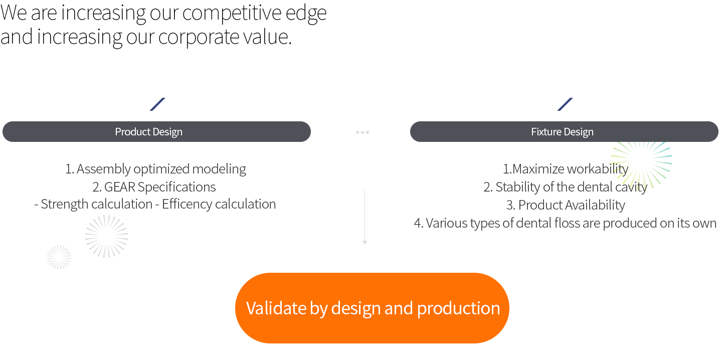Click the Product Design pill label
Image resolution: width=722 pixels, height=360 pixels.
148,132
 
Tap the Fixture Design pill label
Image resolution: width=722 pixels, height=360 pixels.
562,132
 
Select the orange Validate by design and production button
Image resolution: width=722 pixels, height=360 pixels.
372,308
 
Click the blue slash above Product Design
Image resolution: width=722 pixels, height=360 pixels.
157,104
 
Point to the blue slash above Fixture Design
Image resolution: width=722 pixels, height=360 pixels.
565,104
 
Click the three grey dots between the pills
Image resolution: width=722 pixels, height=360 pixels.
363,132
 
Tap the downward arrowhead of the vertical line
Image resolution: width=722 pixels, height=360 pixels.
365,242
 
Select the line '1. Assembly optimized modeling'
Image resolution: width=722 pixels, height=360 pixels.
155,169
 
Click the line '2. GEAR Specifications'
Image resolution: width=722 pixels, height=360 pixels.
154,187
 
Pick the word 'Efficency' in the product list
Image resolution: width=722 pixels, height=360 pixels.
187,205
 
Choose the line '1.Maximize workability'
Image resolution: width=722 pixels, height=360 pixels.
566,169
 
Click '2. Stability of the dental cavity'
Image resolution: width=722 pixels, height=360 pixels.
566,187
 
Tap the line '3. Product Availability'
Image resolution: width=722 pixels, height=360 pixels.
566,205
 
